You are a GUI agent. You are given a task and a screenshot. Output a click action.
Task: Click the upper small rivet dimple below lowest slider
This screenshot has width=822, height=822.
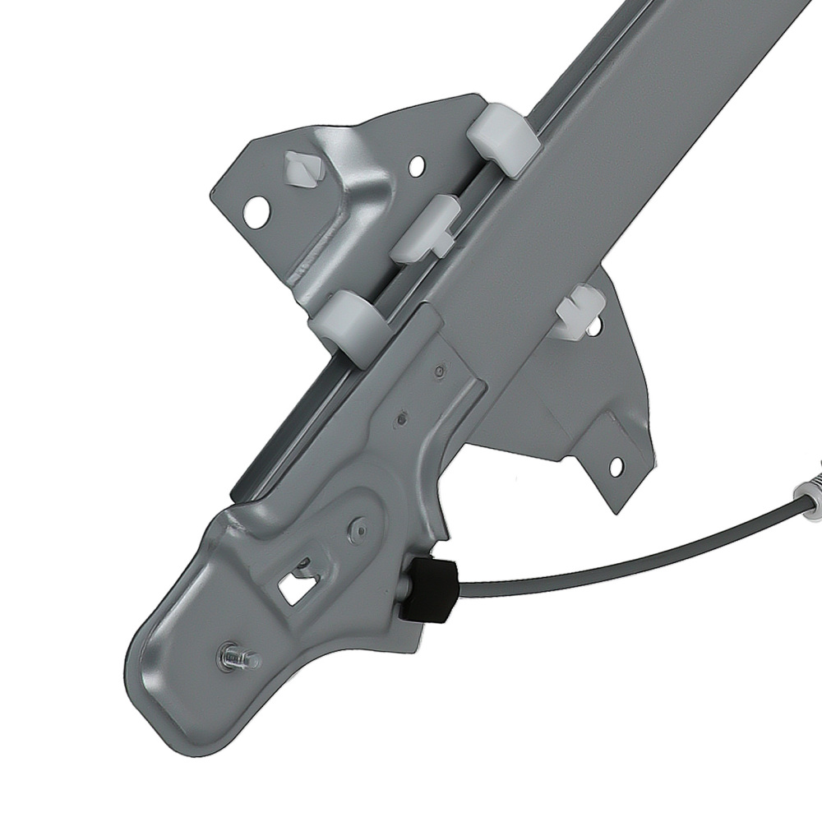(441, 372)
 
